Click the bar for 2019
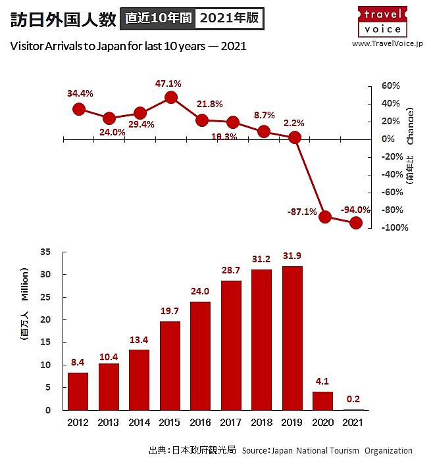point(293,338)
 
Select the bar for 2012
point(78,391)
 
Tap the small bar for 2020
point(323,401)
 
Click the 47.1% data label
point(168,83)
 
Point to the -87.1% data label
point(302,212)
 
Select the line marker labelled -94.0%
point(356,223)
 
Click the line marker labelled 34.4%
point(79,109)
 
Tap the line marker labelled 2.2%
point(295,137)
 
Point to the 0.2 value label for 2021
point(354,400)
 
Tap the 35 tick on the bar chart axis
point(45,252)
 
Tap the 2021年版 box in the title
point(230,18)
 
